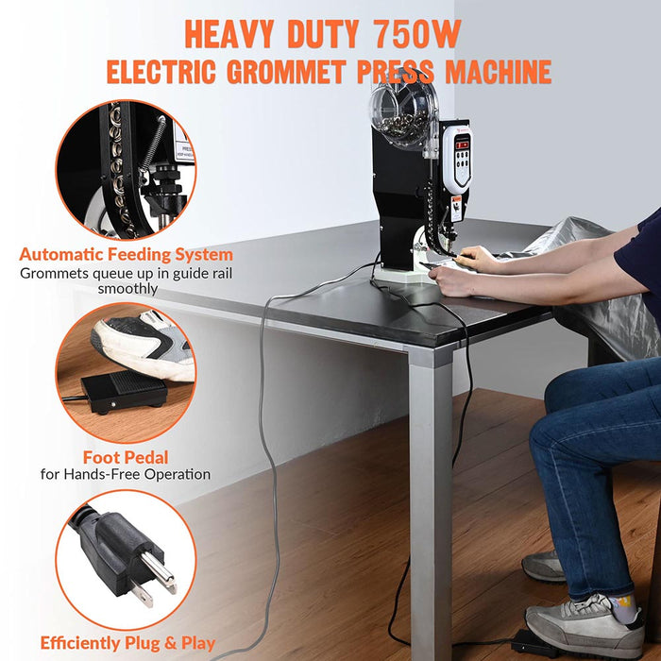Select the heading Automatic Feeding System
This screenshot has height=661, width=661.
click(127, 254)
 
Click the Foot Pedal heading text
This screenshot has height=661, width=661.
click(126, 456)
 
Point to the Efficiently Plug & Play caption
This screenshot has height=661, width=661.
click(127, 643)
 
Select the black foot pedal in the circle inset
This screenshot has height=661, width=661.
click(122, 389)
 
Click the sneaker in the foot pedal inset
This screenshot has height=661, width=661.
click(142, 339)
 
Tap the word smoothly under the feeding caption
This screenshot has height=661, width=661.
click(127, 289)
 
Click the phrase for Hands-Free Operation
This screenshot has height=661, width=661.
click(126, 474)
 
